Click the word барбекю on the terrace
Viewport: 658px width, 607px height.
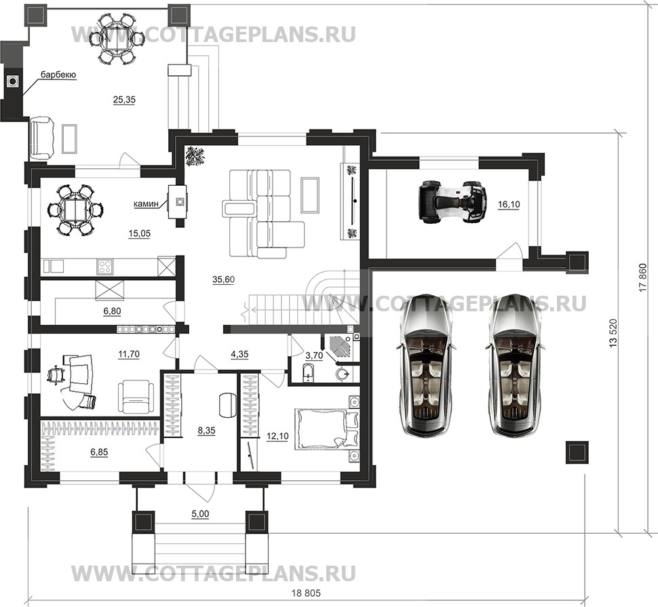click(x=58, y=75)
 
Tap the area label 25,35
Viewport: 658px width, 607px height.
click(x=124, y=100)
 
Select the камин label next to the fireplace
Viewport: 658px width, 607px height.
click(x=147, y=201)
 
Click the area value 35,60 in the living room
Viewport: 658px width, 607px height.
click(x=222, y=279)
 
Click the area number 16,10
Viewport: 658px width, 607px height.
click(x=508, y=204)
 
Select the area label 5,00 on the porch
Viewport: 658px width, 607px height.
click(x=199, y=515)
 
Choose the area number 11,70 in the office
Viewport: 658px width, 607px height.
click(x=128, y=353)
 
